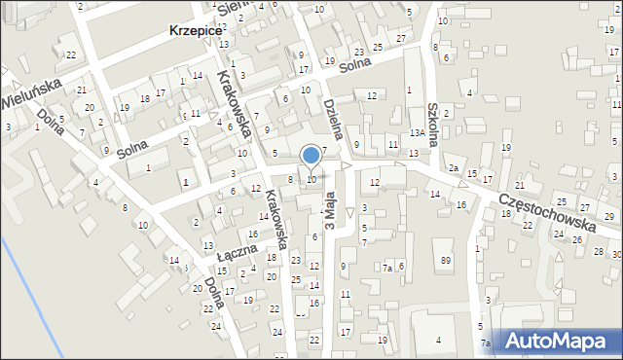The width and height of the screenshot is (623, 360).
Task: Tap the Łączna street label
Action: pyautogui.click(x=237, y=252)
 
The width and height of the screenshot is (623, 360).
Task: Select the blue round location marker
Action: pyautogui.click(x=311, y=156)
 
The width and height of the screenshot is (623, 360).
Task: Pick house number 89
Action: pyautogui.click(x=446, y=260)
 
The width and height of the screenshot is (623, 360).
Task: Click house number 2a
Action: pyautogui.click(x=454, y=168)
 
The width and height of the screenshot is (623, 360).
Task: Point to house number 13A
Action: pyautogui.click(x=416, y=132)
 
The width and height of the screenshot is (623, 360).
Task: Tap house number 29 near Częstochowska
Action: pyautogui.click(x=608, y=216)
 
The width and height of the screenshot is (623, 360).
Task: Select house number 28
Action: pyautogui.click(x=598, y=251)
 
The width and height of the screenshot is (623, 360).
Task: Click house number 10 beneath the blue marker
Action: pyautogui.click(x=311, y=179)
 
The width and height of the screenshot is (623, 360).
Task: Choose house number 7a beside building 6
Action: pyautogui.click(x=386, y=268)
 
